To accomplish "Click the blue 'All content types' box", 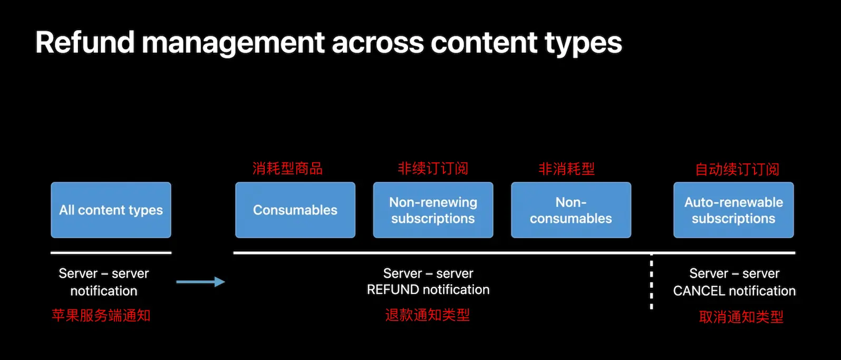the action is point(111,210).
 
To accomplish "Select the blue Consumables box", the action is point(295,210).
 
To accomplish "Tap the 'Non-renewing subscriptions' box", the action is point(433,210).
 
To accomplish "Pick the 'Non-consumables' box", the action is point(571,210).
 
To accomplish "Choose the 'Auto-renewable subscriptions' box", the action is point(733,210).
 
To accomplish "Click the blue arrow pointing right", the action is point(200,281).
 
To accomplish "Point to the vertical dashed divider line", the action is point(651,281).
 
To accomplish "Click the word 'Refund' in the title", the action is point(85,42).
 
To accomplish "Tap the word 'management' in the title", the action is point(233,44).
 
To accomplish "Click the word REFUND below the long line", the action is point(393,289).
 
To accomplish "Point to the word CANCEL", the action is point(698,291).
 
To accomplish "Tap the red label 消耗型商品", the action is point(287,169).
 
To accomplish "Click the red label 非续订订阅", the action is point(433,169).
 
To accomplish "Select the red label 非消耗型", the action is point(566,169).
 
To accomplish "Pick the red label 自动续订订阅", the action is point(737,169).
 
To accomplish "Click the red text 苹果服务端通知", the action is point(101,315).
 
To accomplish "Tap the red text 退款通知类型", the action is point(427,315).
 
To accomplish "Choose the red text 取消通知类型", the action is point(741,317).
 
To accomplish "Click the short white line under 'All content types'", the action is point(111,252).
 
